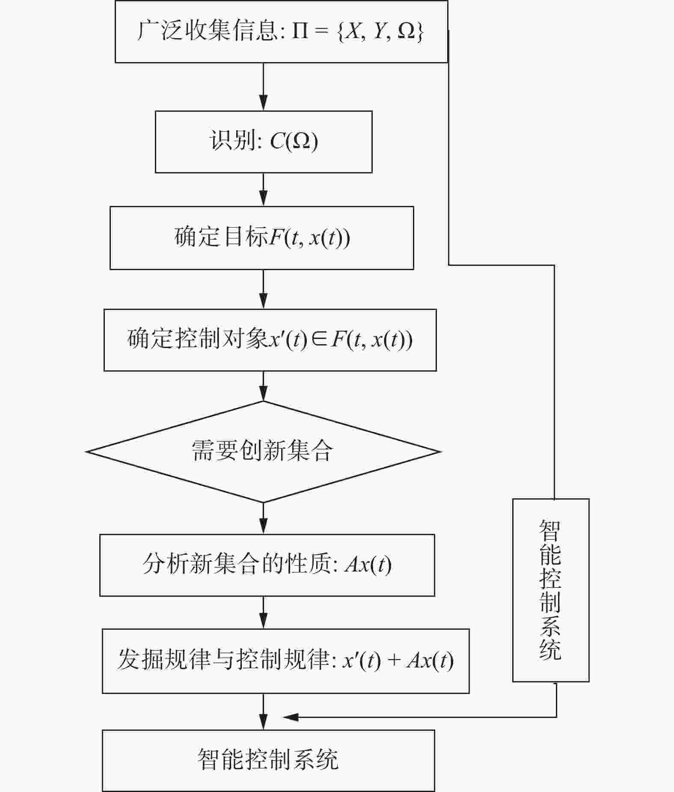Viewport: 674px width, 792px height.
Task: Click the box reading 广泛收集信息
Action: tap(281, 32)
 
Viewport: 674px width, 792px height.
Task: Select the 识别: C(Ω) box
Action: tap(263, 142)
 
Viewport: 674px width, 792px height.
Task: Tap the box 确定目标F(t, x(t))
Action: tap(261, 238)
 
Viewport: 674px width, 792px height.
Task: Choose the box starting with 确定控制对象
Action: tap(270, 340)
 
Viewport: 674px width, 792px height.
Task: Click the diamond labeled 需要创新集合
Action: tap(263, 451)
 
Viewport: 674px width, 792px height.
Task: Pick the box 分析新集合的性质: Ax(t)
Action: tap(267, 565)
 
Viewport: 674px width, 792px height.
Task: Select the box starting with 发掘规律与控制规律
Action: tap(285, 661)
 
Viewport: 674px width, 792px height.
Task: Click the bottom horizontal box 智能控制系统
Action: tap(268, 760)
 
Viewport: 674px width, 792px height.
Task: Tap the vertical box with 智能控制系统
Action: tap(550, 590)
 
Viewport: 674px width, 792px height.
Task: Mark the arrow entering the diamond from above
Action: tap(263, 386)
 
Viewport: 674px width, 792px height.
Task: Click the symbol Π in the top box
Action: tap(300, 32)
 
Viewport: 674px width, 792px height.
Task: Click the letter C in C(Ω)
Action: tap(277, 141)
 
